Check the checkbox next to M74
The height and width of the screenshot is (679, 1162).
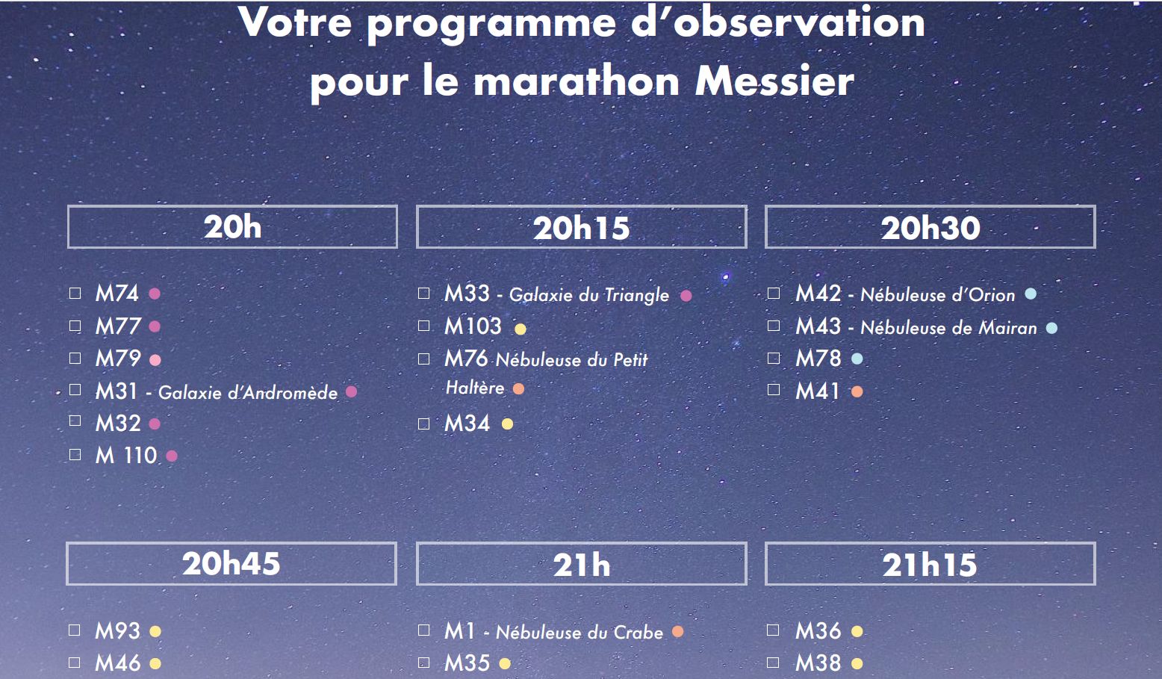click(75, 293)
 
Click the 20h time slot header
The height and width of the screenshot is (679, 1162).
click(232, 226)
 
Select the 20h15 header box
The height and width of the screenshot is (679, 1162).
click(582, 226)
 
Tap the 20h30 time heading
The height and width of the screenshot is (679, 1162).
click(930, 226)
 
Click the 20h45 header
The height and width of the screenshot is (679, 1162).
click(232, 563)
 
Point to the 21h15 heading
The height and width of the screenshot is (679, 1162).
click(930, 563)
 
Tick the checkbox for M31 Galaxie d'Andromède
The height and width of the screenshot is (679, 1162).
click(75, 390)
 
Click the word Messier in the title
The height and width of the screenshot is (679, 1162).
click(774, 81)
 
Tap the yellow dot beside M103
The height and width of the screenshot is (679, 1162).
click(521, 329)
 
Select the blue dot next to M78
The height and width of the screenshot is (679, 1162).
click(857, 359)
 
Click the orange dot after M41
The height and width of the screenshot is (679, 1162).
click(857, 391)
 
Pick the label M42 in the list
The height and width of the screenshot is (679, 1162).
click(818, 294)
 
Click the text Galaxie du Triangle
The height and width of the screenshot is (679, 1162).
click(588, 295)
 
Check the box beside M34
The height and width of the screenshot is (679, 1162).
click(424, 424)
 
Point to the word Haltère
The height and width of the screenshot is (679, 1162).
click(475, 388)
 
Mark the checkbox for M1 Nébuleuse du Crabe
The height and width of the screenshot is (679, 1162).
click(424, 630)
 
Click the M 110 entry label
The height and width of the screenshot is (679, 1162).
click(126, 456)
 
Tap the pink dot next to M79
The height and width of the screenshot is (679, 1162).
click(155, 360)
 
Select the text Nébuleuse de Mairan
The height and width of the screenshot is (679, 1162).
click(948, 328)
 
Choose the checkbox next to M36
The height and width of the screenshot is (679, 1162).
click(773, 630)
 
